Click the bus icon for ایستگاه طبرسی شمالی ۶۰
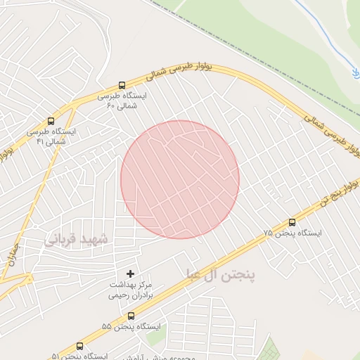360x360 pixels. (x=123, y=85)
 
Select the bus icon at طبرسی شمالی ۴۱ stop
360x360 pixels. (x=51, y=121)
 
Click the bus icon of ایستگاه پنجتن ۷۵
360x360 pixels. (x=292, y=222)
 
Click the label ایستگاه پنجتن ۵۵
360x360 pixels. (x=130, y=327)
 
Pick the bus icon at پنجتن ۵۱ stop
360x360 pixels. (x=79, y=346)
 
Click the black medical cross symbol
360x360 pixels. (x=130, y=273)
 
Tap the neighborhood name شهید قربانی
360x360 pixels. (x=77, y=239)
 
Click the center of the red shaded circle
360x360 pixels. (x=180, y=179)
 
